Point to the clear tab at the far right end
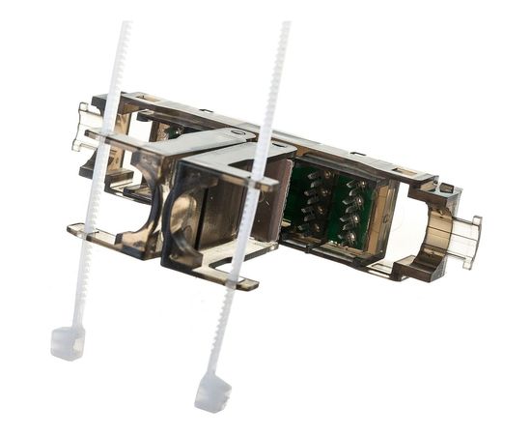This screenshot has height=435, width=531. click(465, 240)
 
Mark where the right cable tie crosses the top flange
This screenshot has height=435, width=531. click(258, 180)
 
